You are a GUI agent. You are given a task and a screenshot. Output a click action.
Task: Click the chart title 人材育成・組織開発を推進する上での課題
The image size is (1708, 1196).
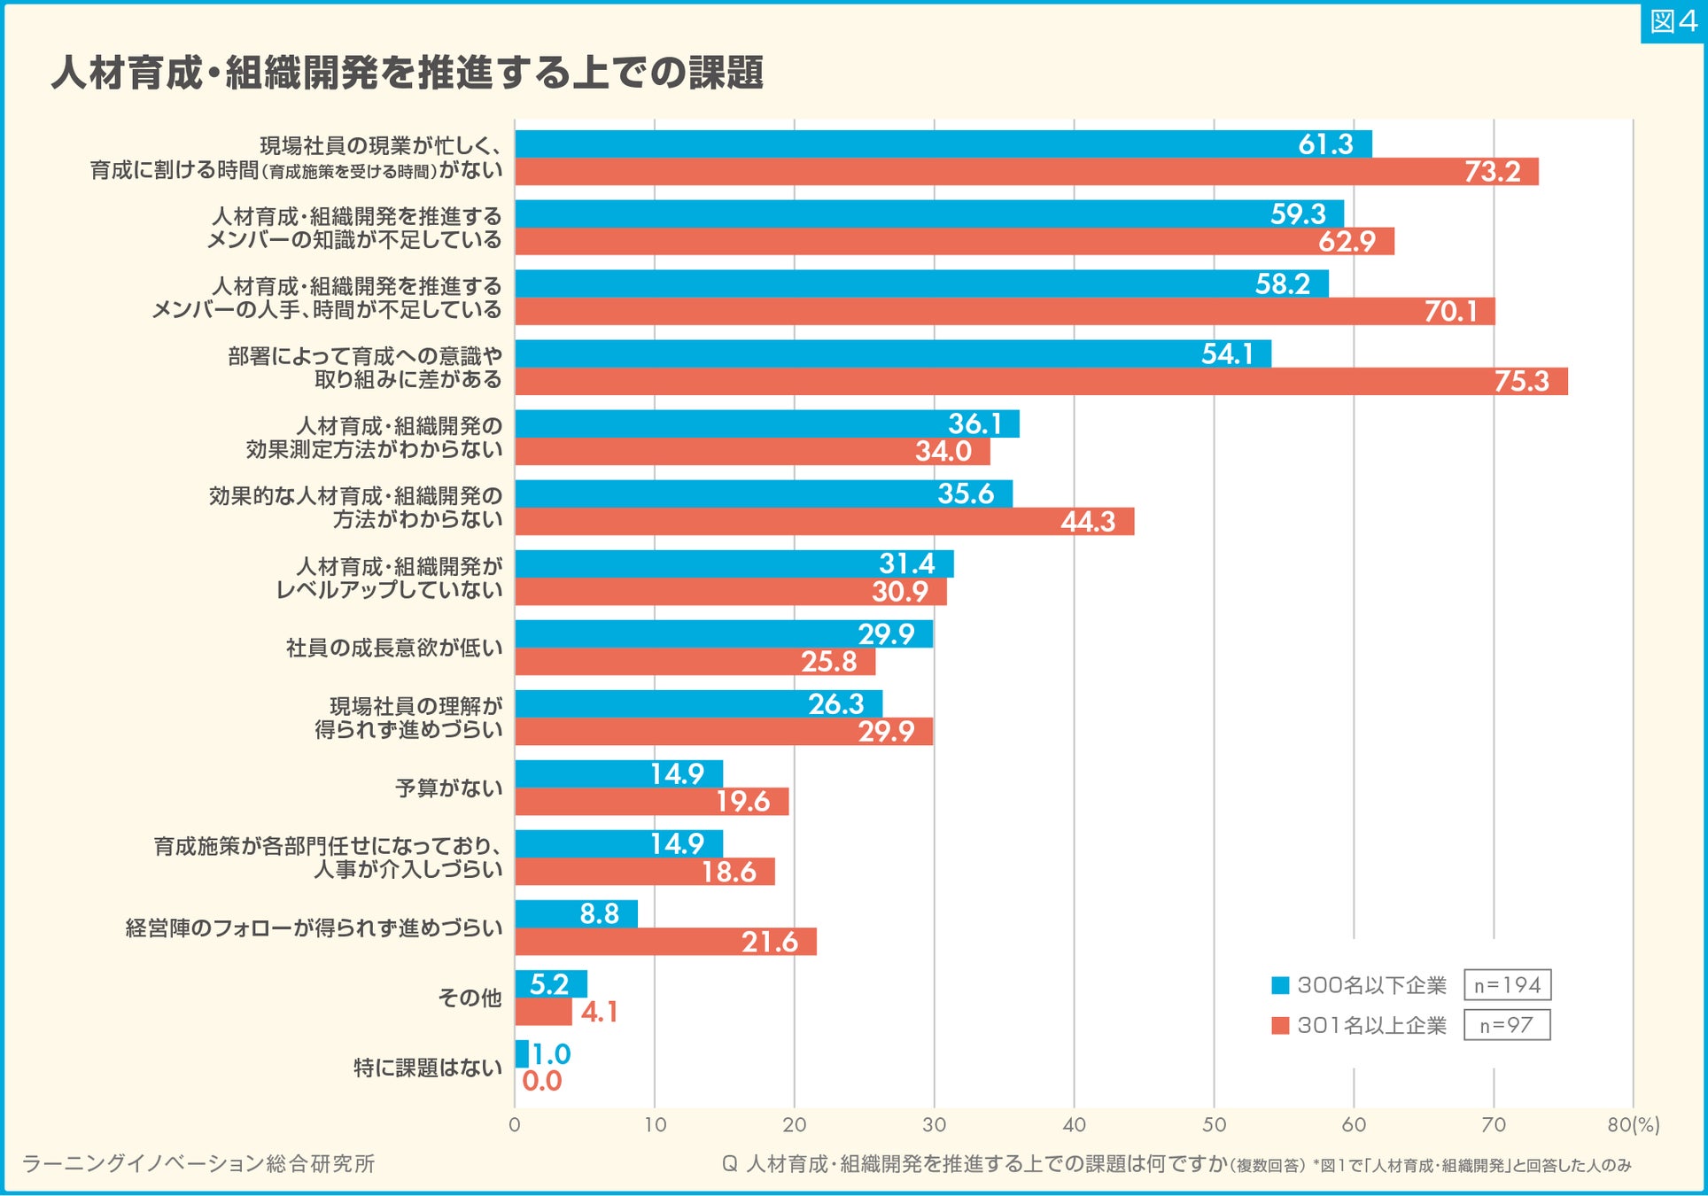click(407, 73)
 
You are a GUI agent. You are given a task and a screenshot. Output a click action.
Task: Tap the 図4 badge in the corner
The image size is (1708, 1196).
click(1673, 21)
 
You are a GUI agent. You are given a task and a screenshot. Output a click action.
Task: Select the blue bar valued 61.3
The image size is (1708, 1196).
click(943, 144)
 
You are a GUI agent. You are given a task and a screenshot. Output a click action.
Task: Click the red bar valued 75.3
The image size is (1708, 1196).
click(1041, 381)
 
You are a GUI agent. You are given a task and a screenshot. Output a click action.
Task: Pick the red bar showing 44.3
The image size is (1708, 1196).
click(824, 521)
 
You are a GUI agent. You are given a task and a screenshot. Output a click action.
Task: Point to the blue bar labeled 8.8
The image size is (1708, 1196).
click(576, 913)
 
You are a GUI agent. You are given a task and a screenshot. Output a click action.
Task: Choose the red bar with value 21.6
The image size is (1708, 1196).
click(665, 942)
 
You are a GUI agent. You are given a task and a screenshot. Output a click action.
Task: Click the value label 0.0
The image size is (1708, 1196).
click(542, 1081)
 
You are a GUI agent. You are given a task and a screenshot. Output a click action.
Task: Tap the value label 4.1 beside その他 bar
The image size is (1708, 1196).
click(599, 1012)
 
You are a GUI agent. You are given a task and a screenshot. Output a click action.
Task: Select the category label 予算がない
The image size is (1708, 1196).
click(448, 788)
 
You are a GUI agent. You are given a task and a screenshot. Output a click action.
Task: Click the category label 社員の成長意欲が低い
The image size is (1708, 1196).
click(394, 648)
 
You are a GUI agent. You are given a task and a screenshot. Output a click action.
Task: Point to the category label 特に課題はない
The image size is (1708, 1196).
click(428, 1068)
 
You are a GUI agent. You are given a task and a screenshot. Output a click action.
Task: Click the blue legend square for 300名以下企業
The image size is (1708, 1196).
click(1280, 985)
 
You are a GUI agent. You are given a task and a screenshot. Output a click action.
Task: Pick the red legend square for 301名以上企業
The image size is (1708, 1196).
click(1280, 1025)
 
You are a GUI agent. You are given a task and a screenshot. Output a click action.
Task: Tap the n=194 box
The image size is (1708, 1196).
click(1507, 985)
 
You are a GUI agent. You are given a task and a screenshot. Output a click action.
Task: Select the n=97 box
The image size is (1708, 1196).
click(1506, 1025)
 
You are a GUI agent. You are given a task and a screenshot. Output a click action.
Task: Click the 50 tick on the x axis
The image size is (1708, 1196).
click(1214, 1124)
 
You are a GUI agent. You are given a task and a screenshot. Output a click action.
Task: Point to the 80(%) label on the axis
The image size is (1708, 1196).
click(1634, 1124)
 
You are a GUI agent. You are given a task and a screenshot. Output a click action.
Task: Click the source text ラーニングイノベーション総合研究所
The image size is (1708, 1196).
click(198, 1163)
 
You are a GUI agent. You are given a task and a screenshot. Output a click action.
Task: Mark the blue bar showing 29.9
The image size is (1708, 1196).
click(723, 633)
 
